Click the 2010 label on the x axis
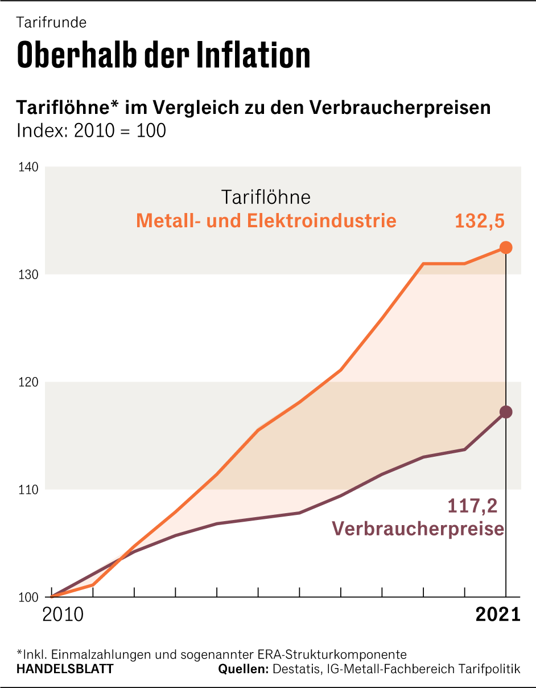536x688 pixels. tap(63, 615)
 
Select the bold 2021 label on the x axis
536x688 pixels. tap(498, 615)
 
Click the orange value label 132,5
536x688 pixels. tap(480, 221)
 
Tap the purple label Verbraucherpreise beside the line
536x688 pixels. tap(418, 529)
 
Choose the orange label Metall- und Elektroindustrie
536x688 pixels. tap(266, 220)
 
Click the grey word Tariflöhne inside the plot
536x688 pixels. tap(266, 197)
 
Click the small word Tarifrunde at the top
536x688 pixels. tap(51, 23)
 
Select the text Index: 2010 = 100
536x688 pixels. tap(91, 130)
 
